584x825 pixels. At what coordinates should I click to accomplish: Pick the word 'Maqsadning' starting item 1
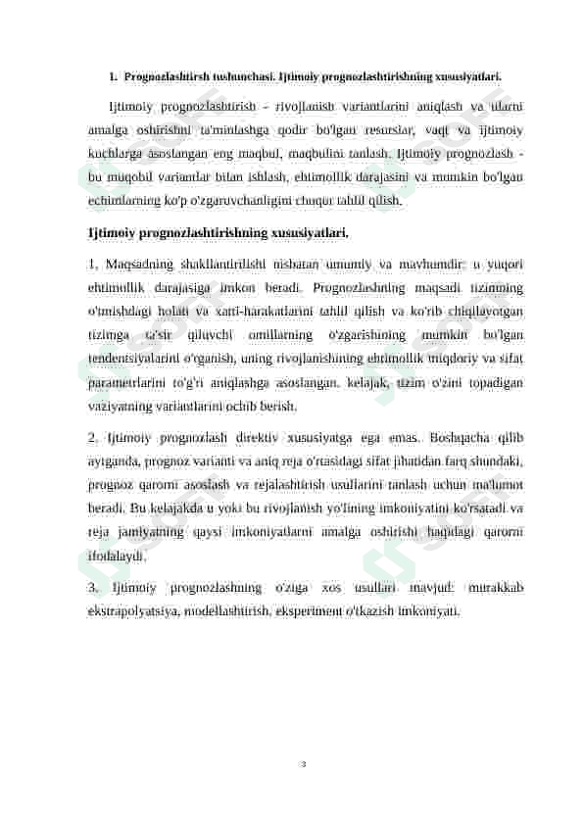tap(139, 264)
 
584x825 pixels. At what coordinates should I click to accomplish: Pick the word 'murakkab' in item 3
tap(495, 588)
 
